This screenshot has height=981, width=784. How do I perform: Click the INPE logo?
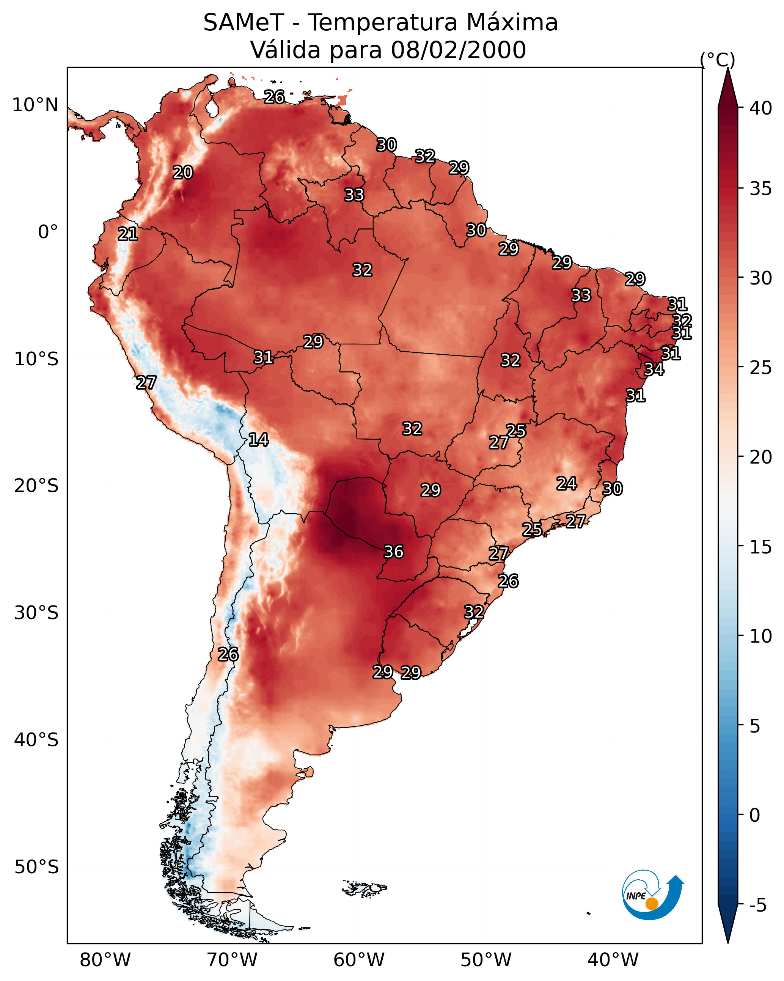652,896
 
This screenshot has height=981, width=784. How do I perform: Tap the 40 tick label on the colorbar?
760,108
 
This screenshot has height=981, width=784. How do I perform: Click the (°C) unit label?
717,60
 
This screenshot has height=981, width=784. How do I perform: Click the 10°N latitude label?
35,105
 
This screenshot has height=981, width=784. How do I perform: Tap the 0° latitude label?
48,232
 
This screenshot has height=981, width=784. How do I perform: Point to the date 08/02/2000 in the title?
458,50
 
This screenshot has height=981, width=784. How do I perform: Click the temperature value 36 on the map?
394,552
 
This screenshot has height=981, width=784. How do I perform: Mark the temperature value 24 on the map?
567,484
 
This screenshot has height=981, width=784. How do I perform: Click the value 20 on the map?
183,173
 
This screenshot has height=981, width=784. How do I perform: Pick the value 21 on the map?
128,234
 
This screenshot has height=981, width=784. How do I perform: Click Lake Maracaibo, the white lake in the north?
212,108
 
